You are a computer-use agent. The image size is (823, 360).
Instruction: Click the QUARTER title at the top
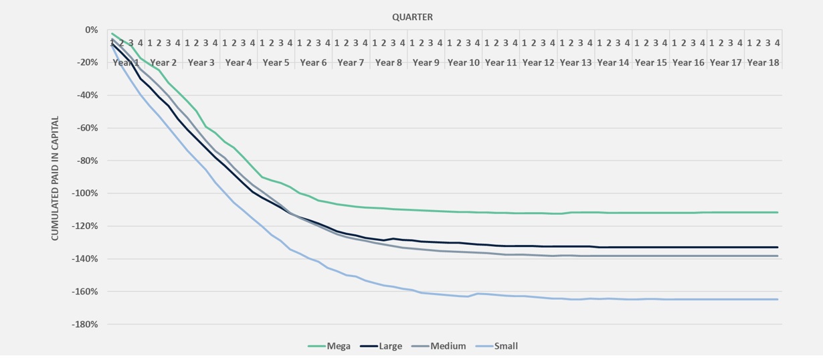[x=412, y=17]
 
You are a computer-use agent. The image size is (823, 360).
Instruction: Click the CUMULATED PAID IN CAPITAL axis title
[x=56, y=179]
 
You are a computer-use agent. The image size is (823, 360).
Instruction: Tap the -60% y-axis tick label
[x=88, y=128]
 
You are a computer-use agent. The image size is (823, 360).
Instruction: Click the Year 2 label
[x=163, y=63]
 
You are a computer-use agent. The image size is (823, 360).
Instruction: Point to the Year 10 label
[x=464, y=63]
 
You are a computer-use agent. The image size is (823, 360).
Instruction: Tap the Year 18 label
[x=763, y=63]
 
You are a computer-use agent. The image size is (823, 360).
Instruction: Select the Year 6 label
[x=313, y=63]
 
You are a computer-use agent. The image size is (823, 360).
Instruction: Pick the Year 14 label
[x=614, y=63]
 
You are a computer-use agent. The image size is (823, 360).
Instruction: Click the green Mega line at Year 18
[x=763, y=212]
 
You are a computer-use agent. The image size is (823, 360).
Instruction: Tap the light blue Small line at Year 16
[x=689, y=299]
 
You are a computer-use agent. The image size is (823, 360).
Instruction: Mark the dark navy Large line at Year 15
[x=651, y=247]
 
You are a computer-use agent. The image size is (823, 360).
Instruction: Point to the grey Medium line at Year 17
[x=726, y=256]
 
